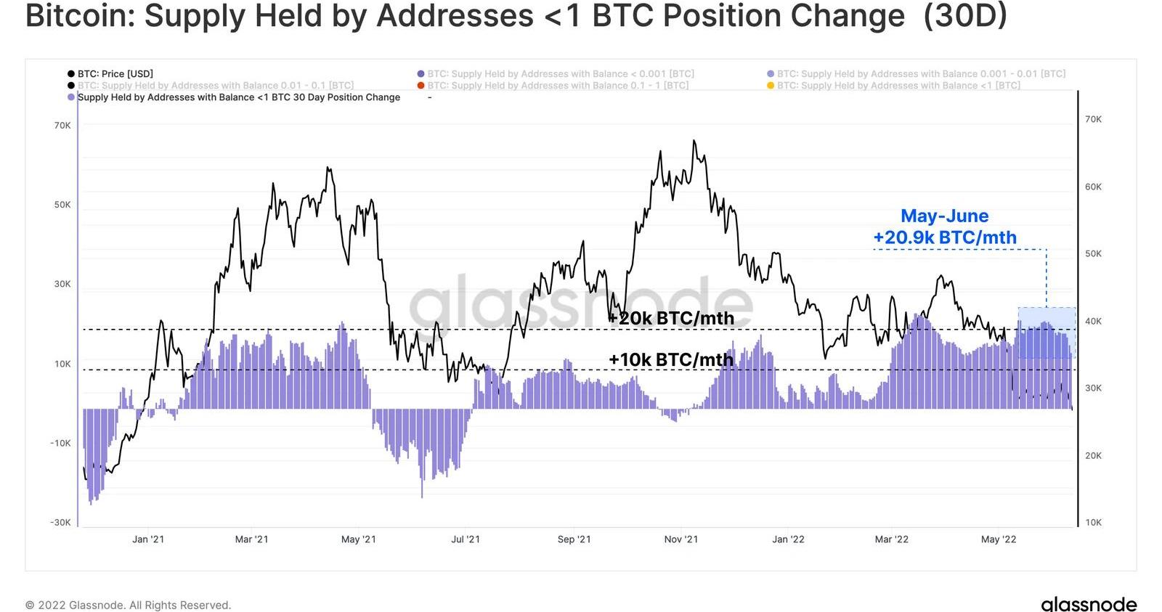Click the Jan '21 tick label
[148, 539]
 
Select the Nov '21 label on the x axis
[680, 539]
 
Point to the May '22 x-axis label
[999, 539]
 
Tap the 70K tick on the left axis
[62, 126]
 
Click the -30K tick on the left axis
[60, 523]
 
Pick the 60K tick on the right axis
[1093, 187]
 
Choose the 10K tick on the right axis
[1093, 523]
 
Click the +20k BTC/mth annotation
[671, 318]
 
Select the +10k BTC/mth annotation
[671, 359]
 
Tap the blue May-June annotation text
[944, 216]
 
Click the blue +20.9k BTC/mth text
[944, 237]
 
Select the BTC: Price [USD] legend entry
[115, 73]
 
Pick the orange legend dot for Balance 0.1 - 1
[421, 86]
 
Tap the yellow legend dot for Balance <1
[771, 86]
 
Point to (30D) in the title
[964, 16]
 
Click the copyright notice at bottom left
[128, 605]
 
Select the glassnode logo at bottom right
[1088, 604]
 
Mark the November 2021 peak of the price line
[694, 141]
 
